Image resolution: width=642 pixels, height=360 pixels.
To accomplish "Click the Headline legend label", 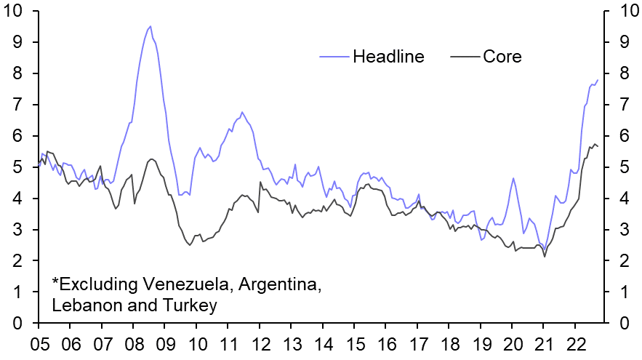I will tap(388, 56).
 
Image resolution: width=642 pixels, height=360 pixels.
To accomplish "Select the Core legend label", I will tap(502, 56).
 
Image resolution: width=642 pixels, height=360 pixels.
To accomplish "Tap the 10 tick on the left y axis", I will tap(17, 12).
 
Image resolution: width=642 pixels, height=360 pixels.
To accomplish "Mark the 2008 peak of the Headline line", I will tap(151, 26).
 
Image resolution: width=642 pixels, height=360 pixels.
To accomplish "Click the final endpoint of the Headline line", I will tap(598, 80).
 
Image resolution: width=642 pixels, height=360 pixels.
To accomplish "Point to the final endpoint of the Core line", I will tap(598, 147).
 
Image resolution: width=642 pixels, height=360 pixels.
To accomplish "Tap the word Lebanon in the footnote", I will tap(86, 306).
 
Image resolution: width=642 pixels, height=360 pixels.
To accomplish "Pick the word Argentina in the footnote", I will tap(280, 282).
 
